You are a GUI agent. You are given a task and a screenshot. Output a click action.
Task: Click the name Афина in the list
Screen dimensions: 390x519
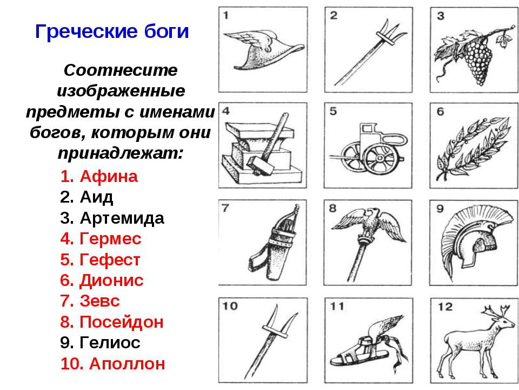click(x=108, y=177)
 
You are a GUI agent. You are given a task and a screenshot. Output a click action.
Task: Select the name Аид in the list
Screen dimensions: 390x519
click(x=96, y=197)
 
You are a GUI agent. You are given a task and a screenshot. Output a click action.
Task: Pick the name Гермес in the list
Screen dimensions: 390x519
click(x=110, y=239)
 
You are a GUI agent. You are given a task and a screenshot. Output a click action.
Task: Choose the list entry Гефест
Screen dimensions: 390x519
click(x=110, y=259)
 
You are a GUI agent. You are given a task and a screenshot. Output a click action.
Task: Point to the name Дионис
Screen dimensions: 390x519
click(x=111, y=281)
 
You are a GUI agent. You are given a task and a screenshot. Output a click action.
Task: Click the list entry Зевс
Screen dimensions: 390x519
click(x=99, y=301)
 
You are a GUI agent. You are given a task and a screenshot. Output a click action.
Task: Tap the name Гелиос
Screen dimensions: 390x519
click(x=110, y=343)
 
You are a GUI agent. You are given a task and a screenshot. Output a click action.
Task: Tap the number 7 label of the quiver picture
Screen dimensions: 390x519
click(x=225, y=208)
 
